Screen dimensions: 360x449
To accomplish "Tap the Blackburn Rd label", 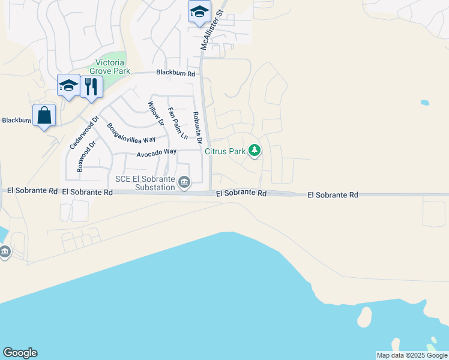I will (176, 73).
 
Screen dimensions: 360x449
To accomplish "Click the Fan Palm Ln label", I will (178, 123).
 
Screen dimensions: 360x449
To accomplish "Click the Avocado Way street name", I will (156, 153).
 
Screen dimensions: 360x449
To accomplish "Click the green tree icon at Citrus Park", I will (255, 150).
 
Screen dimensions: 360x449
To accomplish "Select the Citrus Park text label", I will (225, 151).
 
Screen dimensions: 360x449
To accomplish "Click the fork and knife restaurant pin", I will (91, 86).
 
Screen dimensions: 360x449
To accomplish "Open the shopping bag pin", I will (44, 115).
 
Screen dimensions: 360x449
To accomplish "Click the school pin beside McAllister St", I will (199, 12).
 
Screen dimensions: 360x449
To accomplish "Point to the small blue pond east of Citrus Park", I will (425, 103).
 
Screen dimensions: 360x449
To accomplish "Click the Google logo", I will (20, 353).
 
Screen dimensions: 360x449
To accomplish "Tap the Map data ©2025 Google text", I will (412, 355).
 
